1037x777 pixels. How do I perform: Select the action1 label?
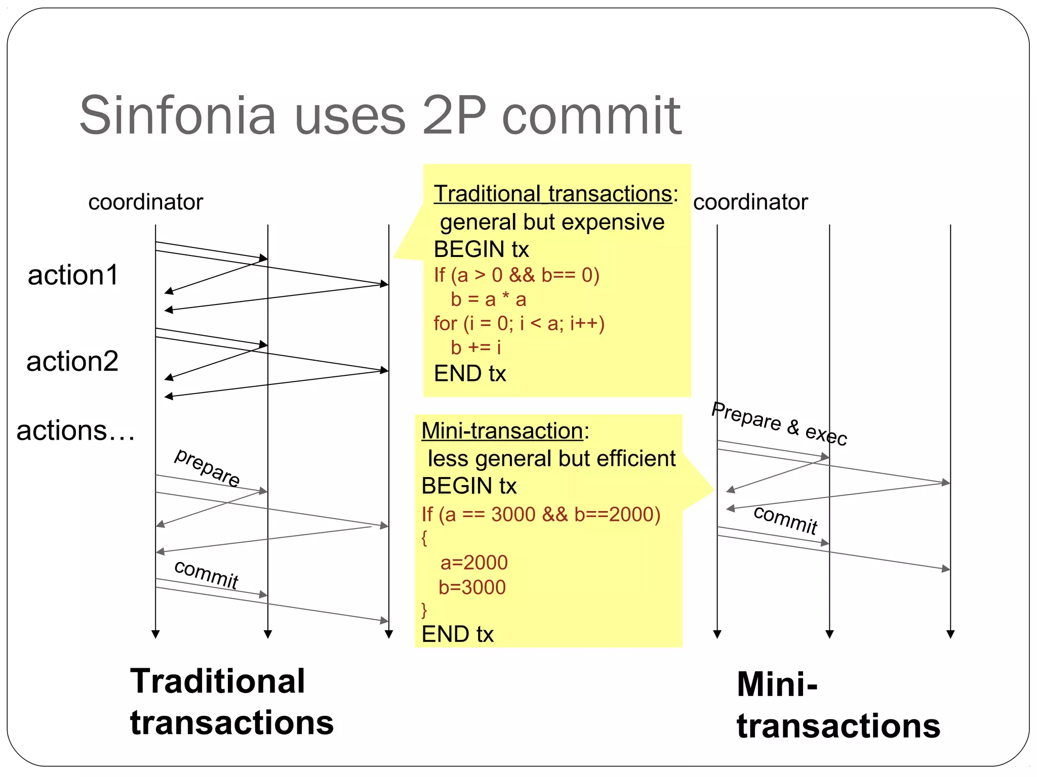click(x=73, y=275)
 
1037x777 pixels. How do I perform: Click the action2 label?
click(x=72, y=362)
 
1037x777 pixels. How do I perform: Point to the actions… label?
click(x=75, y=431)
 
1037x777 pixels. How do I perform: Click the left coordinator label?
click(x=145, y=202)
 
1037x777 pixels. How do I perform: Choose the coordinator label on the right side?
click(x=750, y=202)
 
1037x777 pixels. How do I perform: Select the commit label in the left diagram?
click(x=206, y=575)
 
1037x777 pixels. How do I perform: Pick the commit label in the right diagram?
click(x=785, y=520)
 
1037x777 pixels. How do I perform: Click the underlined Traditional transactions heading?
click(x=552, y=194)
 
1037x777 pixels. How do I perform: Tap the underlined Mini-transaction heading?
click(x=502, y=431)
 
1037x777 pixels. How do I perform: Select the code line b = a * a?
click(x=489, y=299)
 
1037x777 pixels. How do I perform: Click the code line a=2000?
click(x=474, y=563)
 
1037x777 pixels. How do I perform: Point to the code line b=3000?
click(x=472, y=587)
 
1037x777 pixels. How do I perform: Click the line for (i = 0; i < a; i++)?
click(x=519, y=323)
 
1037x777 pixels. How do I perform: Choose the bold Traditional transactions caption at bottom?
click(x=231, y=702)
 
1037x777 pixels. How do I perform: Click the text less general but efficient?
click(x=551, y=459)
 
